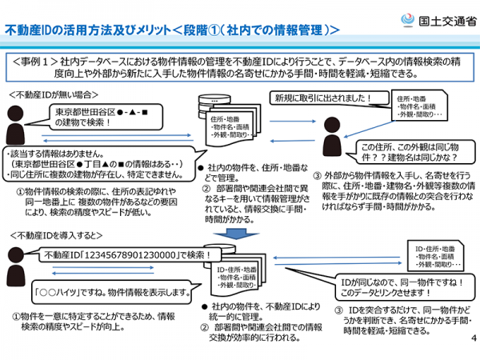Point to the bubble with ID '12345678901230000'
click(x=125, y=254)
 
